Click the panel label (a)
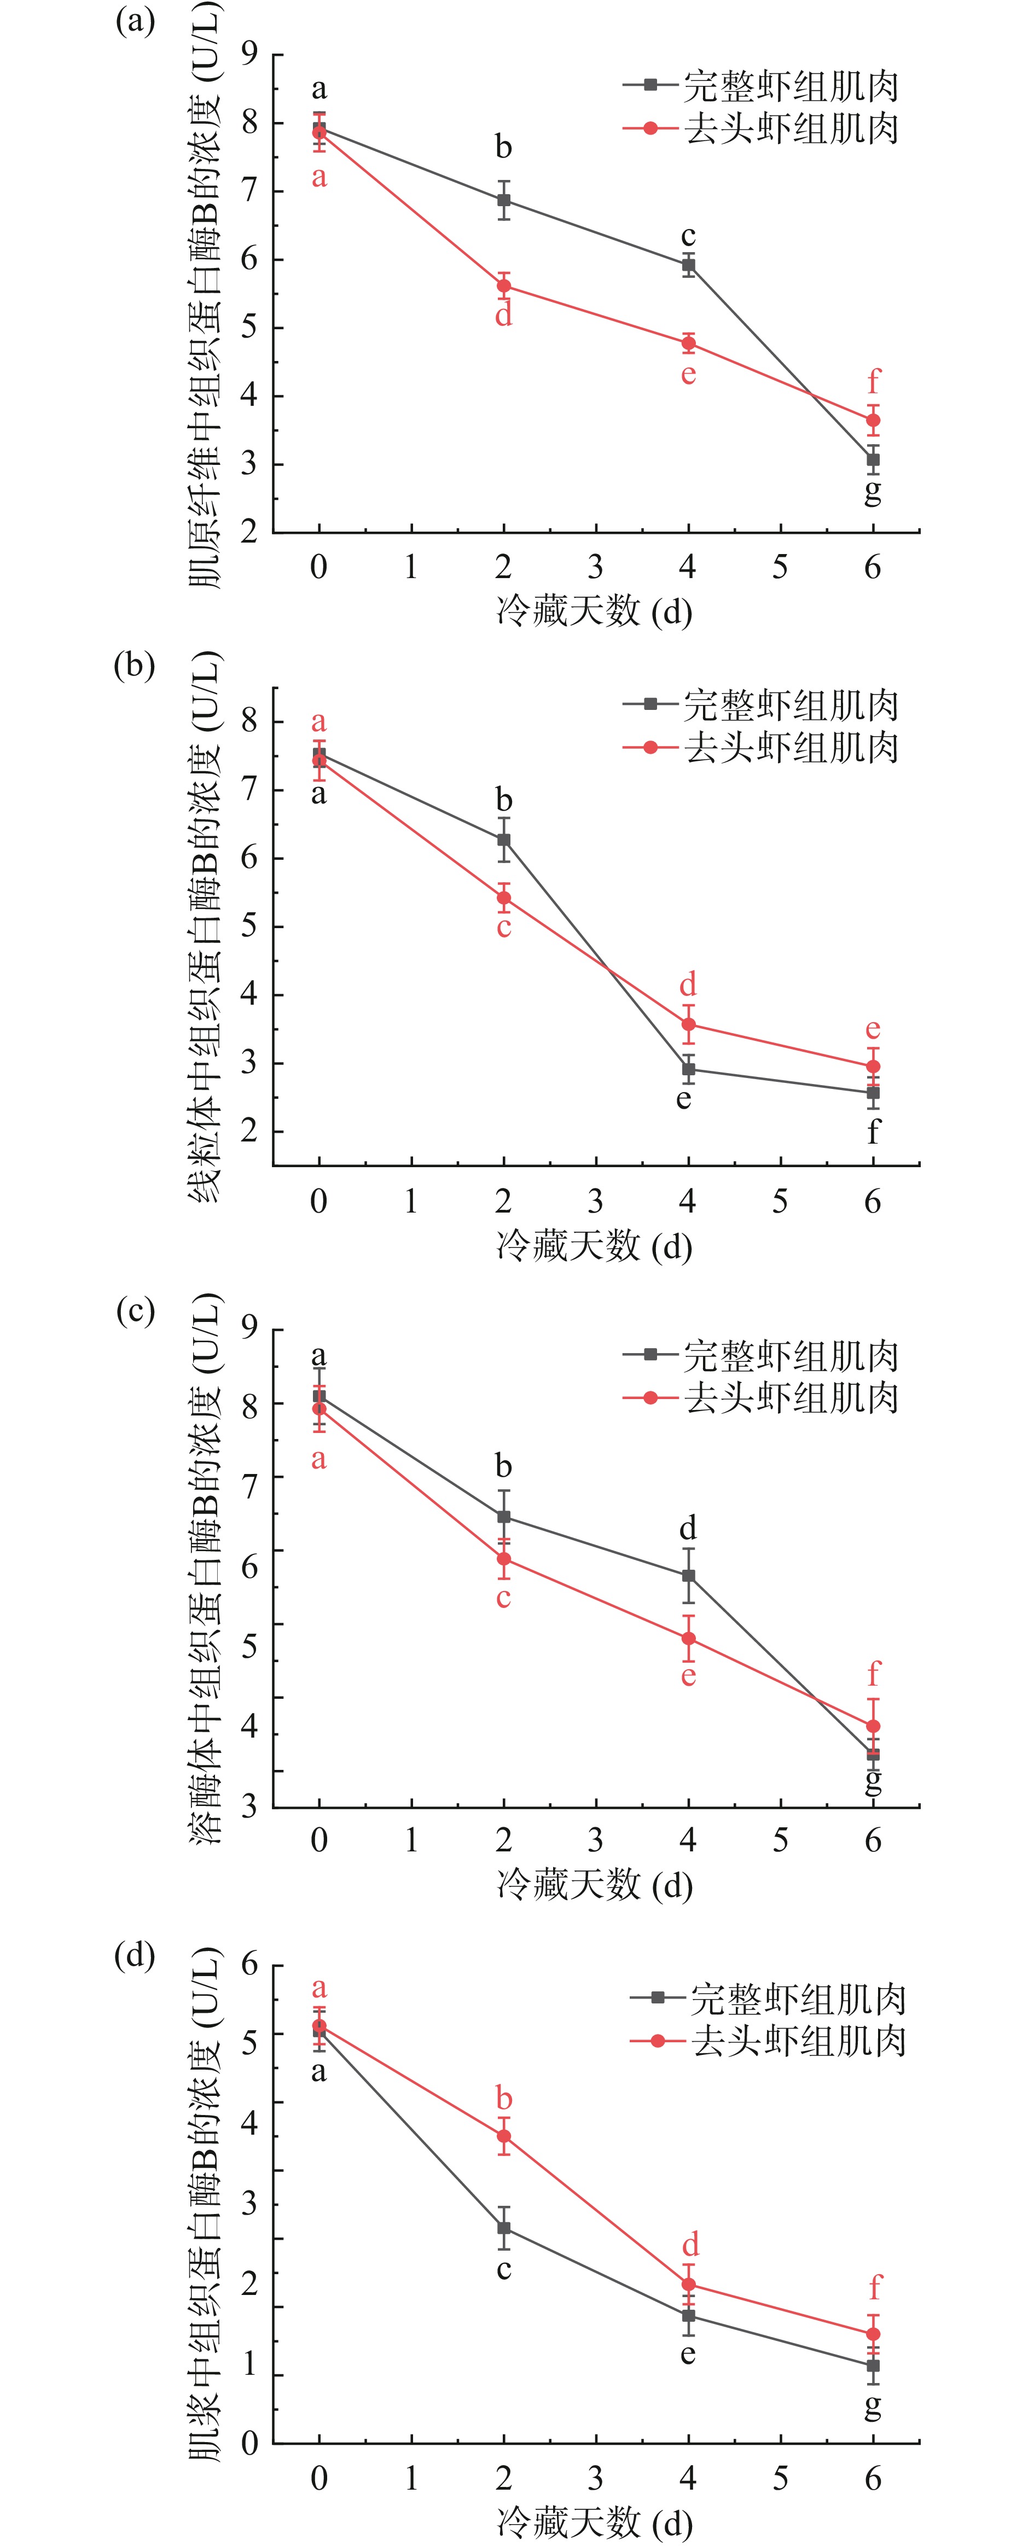(136, 22)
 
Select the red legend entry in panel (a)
(761, 129)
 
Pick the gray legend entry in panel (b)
(761, 704)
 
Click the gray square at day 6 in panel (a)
(873, 459)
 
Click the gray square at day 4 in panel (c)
(688, 1575)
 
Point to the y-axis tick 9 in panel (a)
(249, 54)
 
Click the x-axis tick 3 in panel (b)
(595, 1202)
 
